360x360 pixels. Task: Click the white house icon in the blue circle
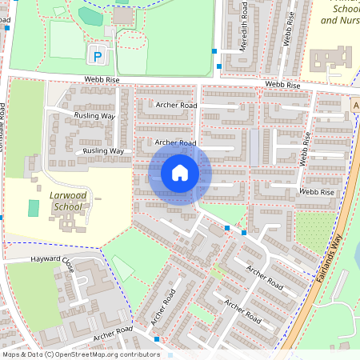click(180, 173)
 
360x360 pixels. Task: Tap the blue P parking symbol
click(97, 56)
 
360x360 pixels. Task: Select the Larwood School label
click(68, 200)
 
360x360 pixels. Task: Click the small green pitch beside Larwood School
click(34, 208)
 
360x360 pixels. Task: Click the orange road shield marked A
click(355, 106)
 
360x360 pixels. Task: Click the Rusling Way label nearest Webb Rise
click(96, 116)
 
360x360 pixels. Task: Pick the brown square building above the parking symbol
click(123, 15)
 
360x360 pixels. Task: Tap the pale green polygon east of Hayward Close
click(122, 267)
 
